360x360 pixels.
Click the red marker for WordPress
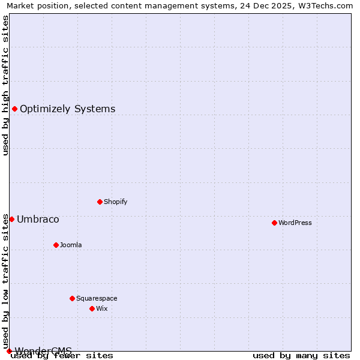click(274, 223)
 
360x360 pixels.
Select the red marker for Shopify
click(100, 202)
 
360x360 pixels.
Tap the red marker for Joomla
click(56, 245)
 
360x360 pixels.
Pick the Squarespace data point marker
click(72, 298)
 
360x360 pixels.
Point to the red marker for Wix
click(92, 308)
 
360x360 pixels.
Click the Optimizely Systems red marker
click(14, 109)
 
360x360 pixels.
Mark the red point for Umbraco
click(11, 219)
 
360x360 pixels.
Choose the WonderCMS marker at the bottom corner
click(9, 351)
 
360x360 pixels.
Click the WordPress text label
click(295, 223)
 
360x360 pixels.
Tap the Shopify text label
click(116, 202)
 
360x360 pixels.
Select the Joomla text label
click(71, 245)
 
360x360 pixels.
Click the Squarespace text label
click(97, 298)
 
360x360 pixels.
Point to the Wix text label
click(102, 308)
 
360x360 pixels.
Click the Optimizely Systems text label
click(67, 109)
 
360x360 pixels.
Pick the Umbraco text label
click(38, 219)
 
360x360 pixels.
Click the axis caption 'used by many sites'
click(301, 355)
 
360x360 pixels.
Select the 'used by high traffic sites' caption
click(5, 86)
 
